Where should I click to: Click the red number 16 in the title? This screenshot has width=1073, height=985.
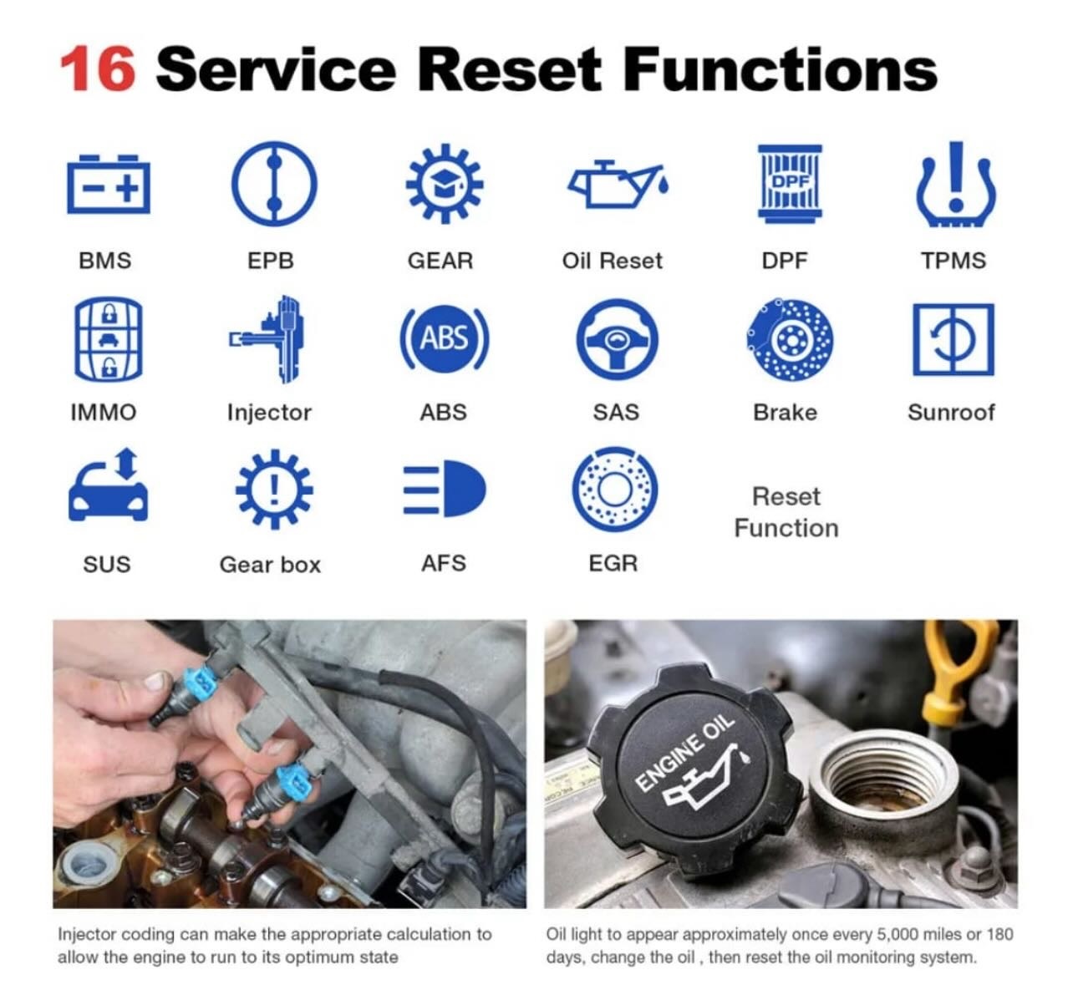(x=97, y=69)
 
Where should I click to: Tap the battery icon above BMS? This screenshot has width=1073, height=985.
(x=109, y=185)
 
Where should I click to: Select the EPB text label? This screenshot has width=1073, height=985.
(x=271, y=261)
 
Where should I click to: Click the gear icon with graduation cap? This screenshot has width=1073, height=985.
(x=445, y=184)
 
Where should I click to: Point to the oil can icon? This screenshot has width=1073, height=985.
(x=618, y=184)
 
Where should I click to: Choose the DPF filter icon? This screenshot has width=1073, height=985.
(x=790, y=181)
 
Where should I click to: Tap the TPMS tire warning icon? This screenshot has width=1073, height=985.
(x=956, y=184)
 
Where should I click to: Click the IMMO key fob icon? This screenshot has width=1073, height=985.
(x=109, y=339)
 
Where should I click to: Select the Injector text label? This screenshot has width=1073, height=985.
(x=269, y=413)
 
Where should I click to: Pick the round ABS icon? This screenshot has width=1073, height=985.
(x=445, y=339)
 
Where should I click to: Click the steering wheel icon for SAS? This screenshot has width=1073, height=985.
(x=618, y=339)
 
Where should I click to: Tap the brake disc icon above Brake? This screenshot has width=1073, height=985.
(x=790, y=339)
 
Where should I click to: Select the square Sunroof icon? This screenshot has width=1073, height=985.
(x=953, y=339)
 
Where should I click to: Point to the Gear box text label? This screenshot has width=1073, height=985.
(x=270, y=565)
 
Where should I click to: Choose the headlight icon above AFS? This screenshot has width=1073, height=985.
(x=445, y=488)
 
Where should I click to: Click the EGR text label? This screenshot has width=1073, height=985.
(x=613, y=563)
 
